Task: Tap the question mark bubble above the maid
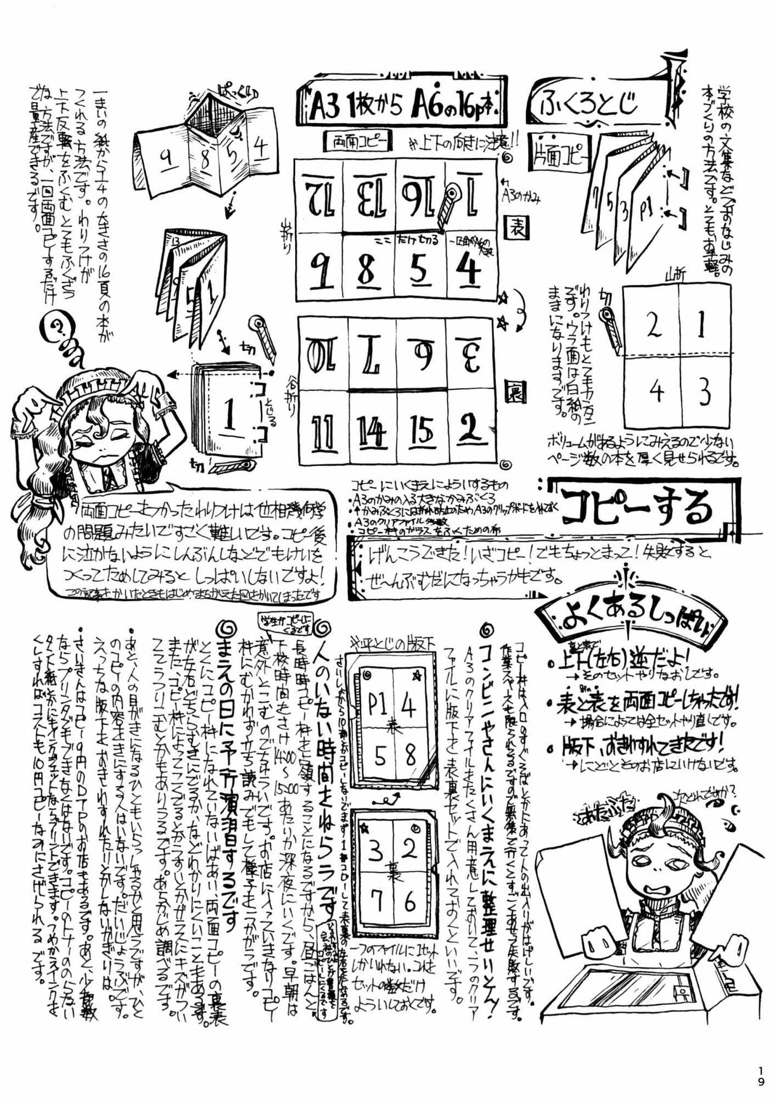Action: point(57,328)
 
